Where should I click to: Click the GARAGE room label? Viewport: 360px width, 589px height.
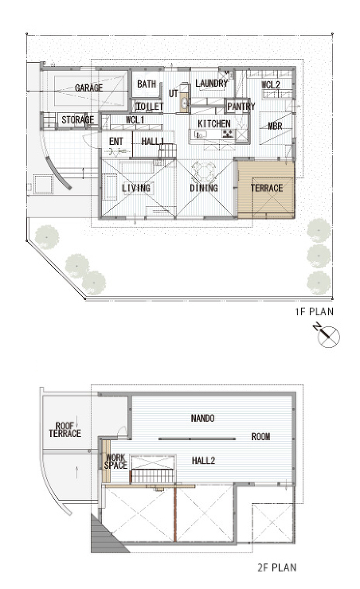pos(88,88)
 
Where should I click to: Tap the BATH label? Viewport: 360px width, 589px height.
pos(147,84)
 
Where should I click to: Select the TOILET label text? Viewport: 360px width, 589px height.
pos(150,107)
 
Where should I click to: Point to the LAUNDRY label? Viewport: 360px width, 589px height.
pos(212,83)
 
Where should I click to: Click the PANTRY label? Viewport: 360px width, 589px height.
pos(241,107)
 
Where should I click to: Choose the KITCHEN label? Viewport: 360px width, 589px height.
pos(214,123)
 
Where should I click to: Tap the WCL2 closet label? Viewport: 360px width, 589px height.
pos(271,84)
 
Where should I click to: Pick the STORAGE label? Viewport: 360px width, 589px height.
pos(78,120)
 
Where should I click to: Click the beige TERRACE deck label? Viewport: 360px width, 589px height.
pos(267,188)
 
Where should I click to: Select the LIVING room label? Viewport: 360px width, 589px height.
pos(136,188)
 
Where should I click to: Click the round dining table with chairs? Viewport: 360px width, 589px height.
pos(204,172)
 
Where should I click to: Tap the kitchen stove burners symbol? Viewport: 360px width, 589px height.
pos(227,134)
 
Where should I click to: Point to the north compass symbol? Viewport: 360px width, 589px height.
pos(327,334)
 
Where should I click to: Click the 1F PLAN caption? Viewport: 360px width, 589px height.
pos(314,311)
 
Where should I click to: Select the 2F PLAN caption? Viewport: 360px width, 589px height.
pos(277,568)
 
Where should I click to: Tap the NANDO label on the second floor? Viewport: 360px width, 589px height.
pos(202,418)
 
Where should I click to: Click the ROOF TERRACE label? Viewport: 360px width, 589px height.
pos(65,430)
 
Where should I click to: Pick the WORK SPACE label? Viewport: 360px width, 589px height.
pos(115,462)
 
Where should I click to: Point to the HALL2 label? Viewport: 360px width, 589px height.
pos(203,461)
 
